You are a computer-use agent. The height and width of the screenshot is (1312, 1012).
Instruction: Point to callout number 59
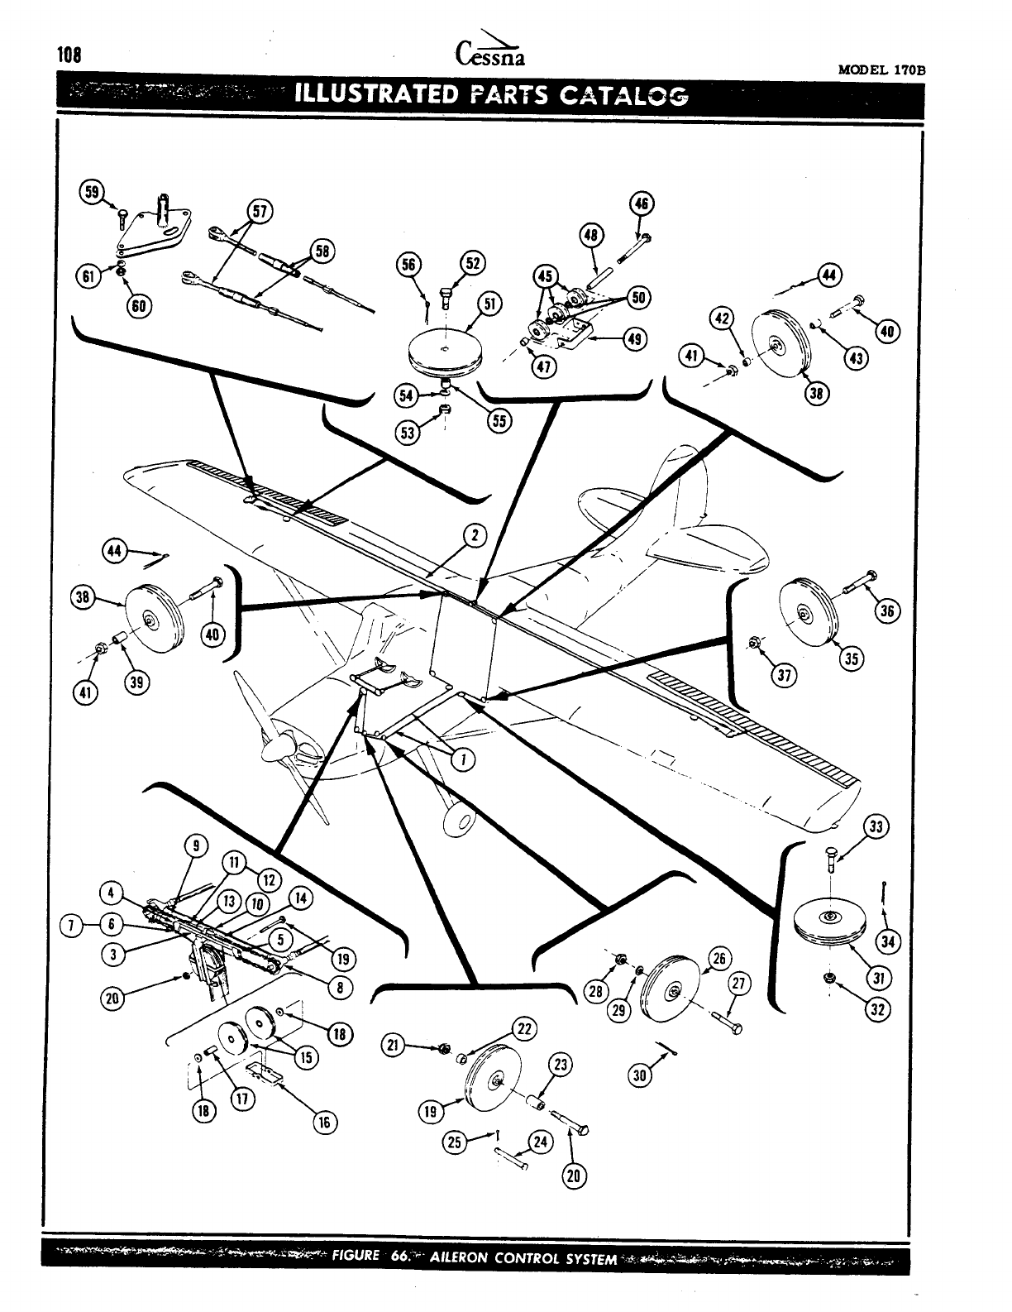(x=89, y=192)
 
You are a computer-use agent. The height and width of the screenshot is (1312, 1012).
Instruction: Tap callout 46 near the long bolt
(x=642, y=204)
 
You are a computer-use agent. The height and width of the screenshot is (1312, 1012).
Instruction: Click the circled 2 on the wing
(x=475, y=535)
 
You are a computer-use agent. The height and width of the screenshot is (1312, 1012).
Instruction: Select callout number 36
(x=889, y=611)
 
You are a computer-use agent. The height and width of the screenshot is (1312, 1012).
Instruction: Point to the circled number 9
(x=195, y=845)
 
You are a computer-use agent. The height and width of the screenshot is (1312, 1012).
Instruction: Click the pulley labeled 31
(x=829, y=923)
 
